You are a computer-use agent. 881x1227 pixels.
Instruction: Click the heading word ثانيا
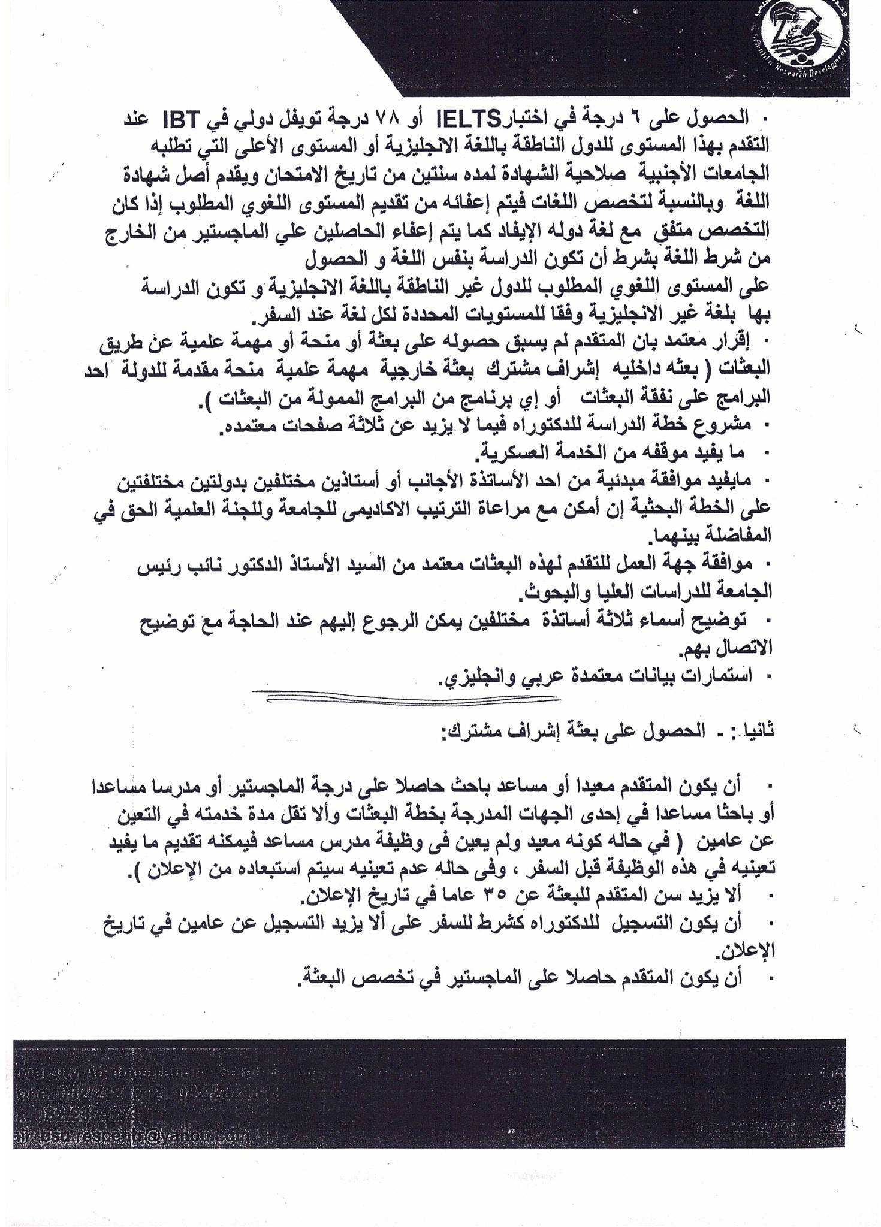[756, 730]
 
